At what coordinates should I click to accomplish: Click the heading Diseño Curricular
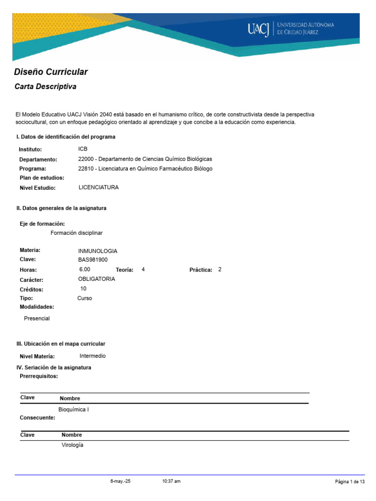click(x=51, y=72)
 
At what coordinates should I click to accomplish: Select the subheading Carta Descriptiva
click(x=45, y=87)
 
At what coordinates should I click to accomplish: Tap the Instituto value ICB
click(x=83, y=149)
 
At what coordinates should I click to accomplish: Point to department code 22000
click(x=86, y=159)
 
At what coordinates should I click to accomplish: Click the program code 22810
click(x=86, y=169)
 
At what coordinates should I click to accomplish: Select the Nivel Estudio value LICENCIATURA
click(x=98, y=187)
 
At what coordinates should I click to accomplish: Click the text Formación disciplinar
click(x=76, y=233)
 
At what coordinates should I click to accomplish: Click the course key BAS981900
click(x=93, y=260)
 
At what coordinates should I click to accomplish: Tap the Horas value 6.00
click(x=85, y=270)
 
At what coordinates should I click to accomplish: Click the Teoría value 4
click(x=143, y=270)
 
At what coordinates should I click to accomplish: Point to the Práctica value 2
click(x=220, y=270)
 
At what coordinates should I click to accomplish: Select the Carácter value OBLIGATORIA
click(x=96, y=279)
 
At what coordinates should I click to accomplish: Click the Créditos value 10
click(x=83, y=289)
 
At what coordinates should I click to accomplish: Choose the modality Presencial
click(x=37, y=319)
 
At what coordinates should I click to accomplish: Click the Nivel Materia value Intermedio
click(x=93, y=356)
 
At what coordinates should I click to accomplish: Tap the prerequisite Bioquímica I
click(x=73, y=410)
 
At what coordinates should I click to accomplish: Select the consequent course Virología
click(x=72, y=445)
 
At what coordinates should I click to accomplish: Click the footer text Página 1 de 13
click(x=350, y=482)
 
